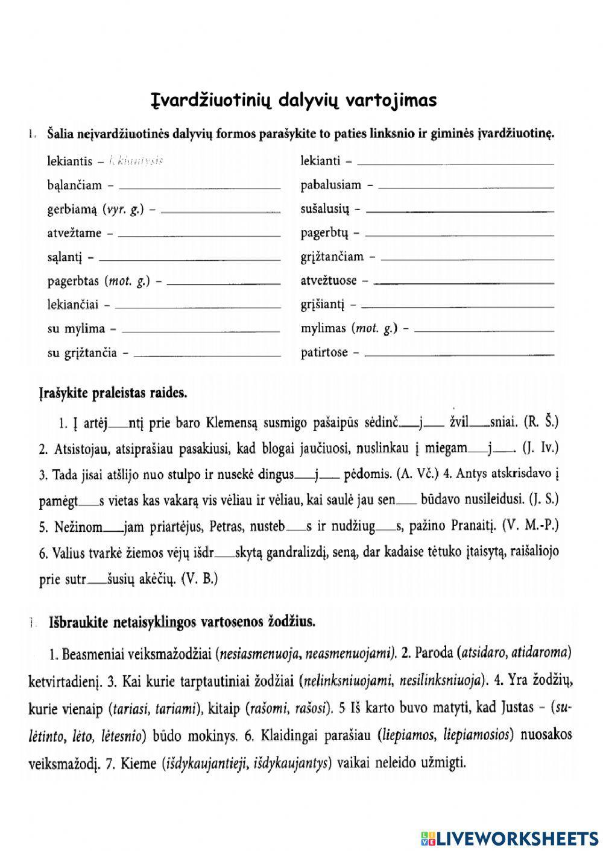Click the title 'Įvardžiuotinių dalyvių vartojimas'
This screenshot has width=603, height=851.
click(x=293, y=100)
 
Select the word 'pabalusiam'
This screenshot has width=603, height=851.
click(x=330, y=185)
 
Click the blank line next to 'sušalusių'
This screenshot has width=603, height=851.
click(x=459, y=211)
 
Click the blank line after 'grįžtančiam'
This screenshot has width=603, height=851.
click(x=467, y=259)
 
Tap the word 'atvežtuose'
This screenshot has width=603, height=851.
click(x=329, y=281)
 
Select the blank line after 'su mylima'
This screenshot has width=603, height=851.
click(x=200, y=331)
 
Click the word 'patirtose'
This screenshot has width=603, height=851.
click(x=324, y=353)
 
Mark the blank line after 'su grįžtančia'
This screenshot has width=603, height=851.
click(x=206, y=355)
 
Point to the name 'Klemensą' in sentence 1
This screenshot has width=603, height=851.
click(x=232, y=423)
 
